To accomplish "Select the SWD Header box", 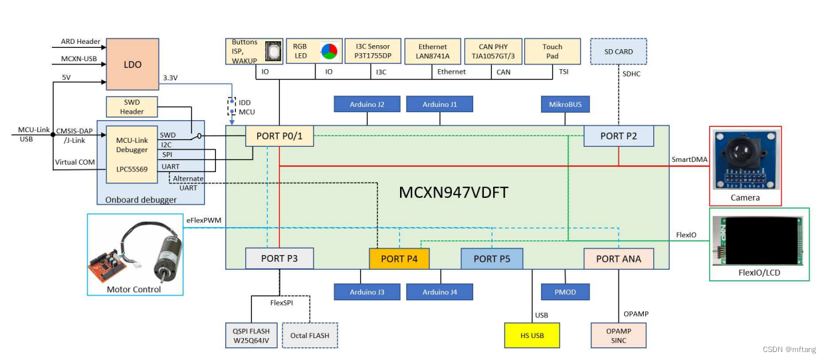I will [x=132, y=106].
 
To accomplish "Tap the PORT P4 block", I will [x=399, y=258].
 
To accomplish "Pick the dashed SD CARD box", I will [x=618, y=51].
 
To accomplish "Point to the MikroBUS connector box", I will [x=565, y=104].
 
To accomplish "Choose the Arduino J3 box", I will [x=367, y=291].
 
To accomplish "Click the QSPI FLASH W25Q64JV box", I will [x=251, y=335].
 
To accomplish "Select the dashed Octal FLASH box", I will [x=310, y=335].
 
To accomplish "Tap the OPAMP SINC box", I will [x=618, y=335].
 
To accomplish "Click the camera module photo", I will [x=745, y=159].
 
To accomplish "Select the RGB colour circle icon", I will [x=328, y=51].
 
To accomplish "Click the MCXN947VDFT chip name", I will [x=453, y=192].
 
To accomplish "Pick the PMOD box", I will [x=565, y=291].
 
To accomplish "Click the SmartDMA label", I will [x=690, y=160].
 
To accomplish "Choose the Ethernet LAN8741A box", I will [x=433, y=51].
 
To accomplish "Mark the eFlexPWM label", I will [x=203, y=220].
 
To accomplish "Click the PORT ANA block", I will [x=618, y=258].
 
